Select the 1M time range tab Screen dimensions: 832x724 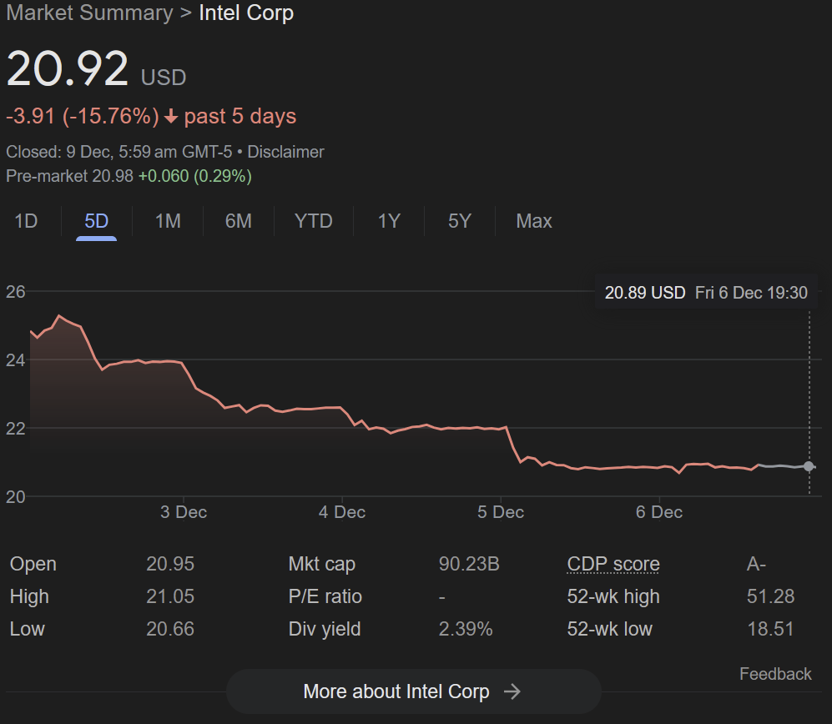click(x=168, y=221)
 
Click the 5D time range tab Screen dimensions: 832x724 click(x=96, y=221)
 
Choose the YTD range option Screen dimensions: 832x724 click(x=314, y=221)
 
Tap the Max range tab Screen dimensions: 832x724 click(x=534, y=221)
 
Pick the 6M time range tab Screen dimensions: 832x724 click(x=238, y=221)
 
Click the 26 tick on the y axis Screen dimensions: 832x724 click(x=15, y=292)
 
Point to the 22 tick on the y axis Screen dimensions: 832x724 click(x=15, y=429)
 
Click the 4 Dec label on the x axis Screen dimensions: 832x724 click(x=341, y=512)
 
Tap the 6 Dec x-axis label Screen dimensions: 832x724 click(x=659, y=512)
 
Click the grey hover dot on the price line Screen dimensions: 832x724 click(x=808, y=466)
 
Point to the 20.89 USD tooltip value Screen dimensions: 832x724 click(x=645, y=293)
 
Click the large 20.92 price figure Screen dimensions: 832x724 click(x=68, y=68)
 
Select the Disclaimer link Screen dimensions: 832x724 click(x=285, y=153)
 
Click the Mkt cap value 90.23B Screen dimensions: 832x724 click(x=469, y=564)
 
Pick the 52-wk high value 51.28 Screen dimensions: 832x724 click(x=770, y=596)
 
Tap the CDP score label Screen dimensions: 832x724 click(x=613, y=564)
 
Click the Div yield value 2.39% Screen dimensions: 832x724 click(x=466, y=629)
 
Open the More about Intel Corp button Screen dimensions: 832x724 click(x=413, y=691)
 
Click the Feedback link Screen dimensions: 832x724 click(x=775, y=674)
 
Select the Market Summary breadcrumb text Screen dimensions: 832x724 click(x=89, y=13)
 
